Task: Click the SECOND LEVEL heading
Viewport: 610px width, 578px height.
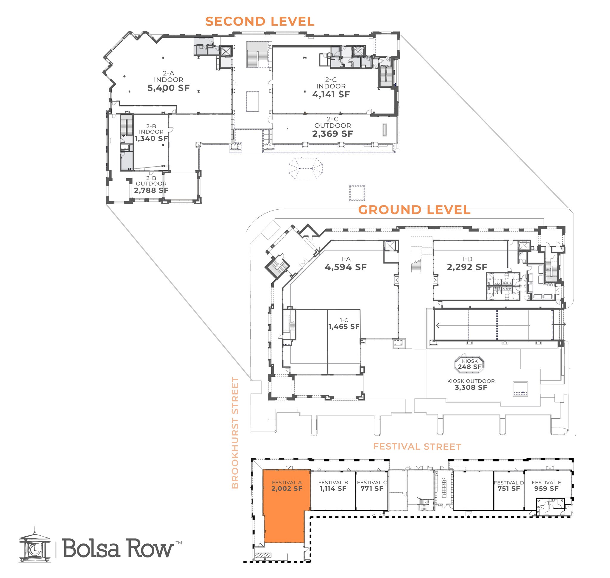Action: pos(259,21)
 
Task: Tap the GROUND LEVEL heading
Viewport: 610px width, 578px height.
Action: pos(414,210)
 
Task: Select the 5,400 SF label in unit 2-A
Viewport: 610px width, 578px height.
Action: pos(168,88)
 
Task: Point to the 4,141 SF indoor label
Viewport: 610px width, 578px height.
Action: pos(331,95)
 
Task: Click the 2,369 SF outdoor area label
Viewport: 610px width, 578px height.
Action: pos(332,134)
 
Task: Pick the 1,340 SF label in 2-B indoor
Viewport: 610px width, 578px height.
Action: pos(151,139)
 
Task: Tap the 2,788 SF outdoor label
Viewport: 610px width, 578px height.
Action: pos(151,190)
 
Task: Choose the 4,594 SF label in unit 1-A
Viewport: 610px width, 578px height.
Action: pos(346,267)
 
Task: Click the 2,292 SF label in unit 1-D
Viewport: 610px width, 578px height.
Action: pos(467,267)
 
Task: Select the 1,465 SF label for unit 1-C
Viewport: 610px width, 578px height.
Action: pos(344,327)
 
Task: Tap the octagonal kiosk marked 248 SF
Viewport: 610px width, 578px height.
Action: pos(469,364)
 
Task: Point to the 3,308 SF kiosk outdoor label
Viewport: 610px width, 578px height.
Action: pos(471,388)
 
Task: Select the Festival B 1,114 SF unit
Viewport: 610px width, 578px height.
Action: pos(333,490)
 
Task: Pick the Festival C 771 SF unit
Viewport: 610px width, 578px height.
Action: pos(372,490)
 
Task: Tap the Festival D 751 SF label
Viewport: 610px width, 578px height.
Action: pos(509,489)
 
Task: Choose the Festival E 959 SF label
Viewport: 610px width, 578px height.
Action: pos(546,489)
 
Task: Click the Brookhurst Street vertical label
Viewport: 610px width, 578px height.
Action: pos(235,433)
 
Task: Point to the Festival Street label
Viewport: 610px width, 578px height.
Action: pos(417,447)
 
